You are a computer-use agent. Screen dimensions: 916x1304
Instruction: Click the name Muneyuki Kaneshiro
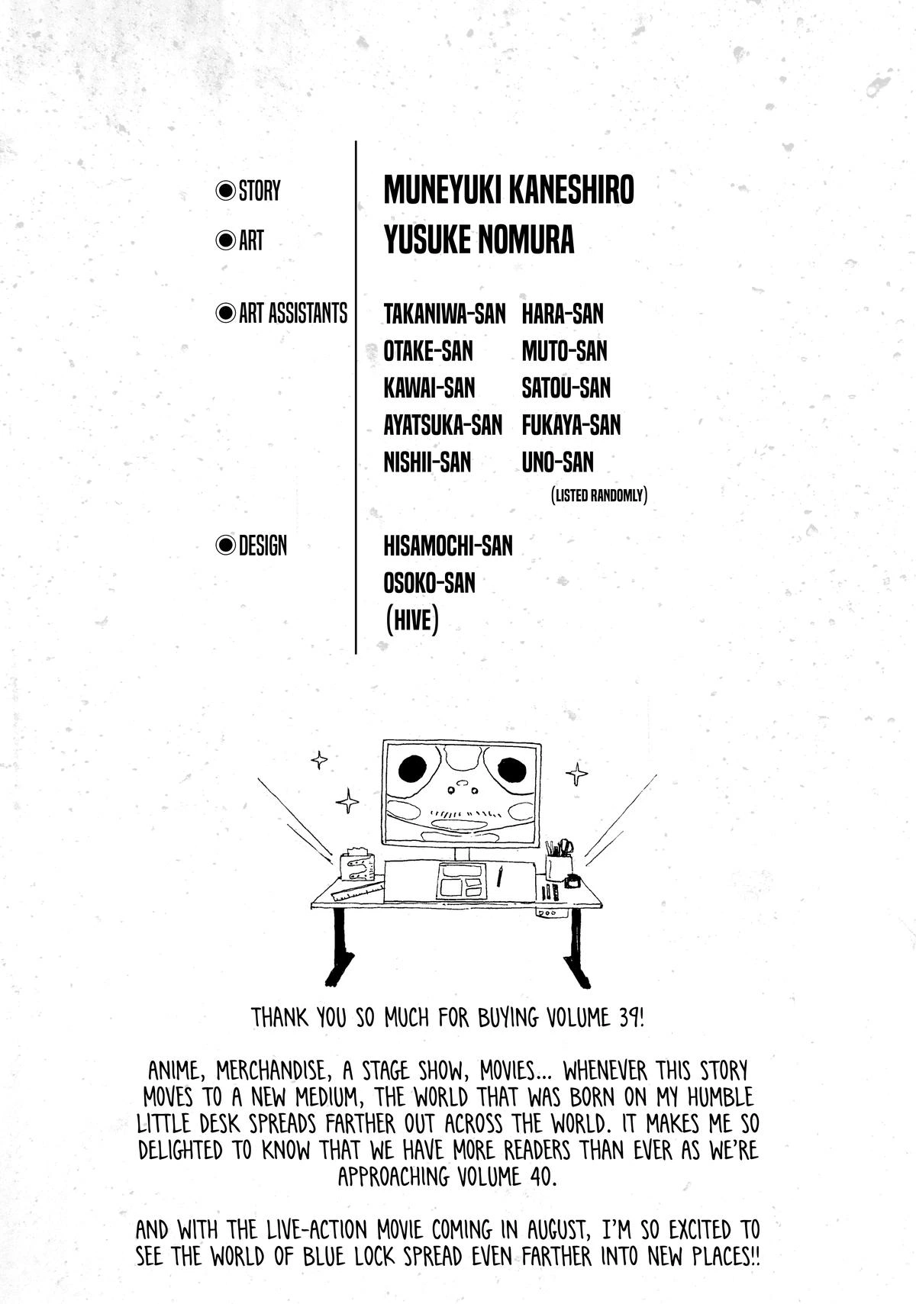[508, 190]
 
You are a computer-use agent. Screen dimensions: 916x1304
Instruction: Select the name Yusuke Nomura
[479, 240]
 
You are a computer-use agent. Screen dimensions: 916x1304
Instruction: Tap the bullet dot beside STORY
[224, 190]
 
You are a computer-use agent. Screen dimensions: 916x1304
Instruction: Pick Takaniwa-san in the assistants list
[444, 314]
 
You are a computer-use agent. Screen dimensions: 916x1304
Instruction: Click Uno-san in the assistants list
[557, 463]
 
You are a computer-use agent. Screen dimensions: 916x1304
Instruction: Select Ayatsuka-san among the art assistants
[443, 426]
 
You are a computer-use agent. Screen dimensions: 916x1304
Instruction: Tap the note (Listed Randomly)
[598, 495]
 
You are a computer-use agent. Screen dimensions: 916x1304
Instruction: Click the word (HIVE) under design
[411, 620]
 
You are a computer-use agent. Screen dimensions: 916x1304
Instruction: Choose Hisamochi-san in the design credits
[448, 546]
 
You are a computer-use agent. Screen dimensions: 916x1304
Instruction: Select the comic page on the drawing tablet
[463, 879]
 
